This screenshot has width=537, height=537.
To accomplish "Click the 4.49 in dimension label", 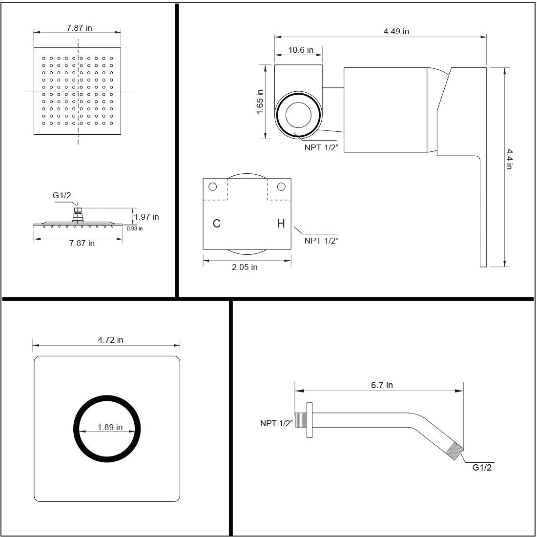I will (396, 32).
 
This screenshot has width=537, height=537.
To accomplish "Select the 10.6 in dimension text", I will (301, 50).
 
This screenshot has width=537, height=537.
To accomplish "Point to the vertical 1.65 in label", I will (260, 102).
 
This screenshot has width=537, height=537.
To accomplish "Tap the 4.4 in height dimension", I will (509, 159).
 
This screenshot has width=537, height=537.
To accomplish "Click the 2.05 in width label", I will (245, 267).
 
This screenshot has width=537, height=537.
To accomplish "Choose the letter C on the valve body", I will (217, 224).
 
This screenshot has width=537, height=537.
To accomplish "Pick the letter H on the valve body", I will (281, 224).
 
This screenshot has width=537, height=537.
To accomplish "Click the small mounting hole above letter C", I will (212, 186).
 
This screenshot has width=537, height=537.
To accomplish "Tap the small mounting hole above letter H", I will (281, 186).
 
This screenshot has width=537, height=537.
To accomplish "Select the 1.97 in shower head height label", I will (146, 217).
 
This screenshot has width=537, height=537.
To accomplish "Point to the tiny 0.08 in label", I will (135, 228).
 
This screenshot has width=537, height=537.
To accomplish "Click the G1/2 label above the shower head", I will (62, 196).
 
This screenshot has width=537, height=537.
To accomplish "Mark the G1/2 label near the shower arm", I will (482, 468).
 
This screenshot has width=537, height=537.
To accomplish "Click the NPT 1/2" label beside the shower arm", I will (276, 423).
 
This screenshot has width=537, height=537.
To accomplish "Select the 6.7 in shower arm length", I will (382, 385).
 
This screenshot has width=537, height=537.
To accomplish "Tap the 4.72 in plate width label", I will (110, 340).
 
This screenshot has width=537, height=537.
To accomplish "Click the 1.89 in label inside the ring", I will (110, 427).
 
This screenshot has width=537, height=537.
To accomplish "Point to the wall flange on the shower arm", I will (310, 420).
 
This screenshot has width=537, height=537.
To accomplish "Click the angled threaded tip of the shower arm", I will (456, 452).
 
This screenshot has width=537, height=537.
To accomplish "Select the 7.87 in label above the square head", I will (79, 28).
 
